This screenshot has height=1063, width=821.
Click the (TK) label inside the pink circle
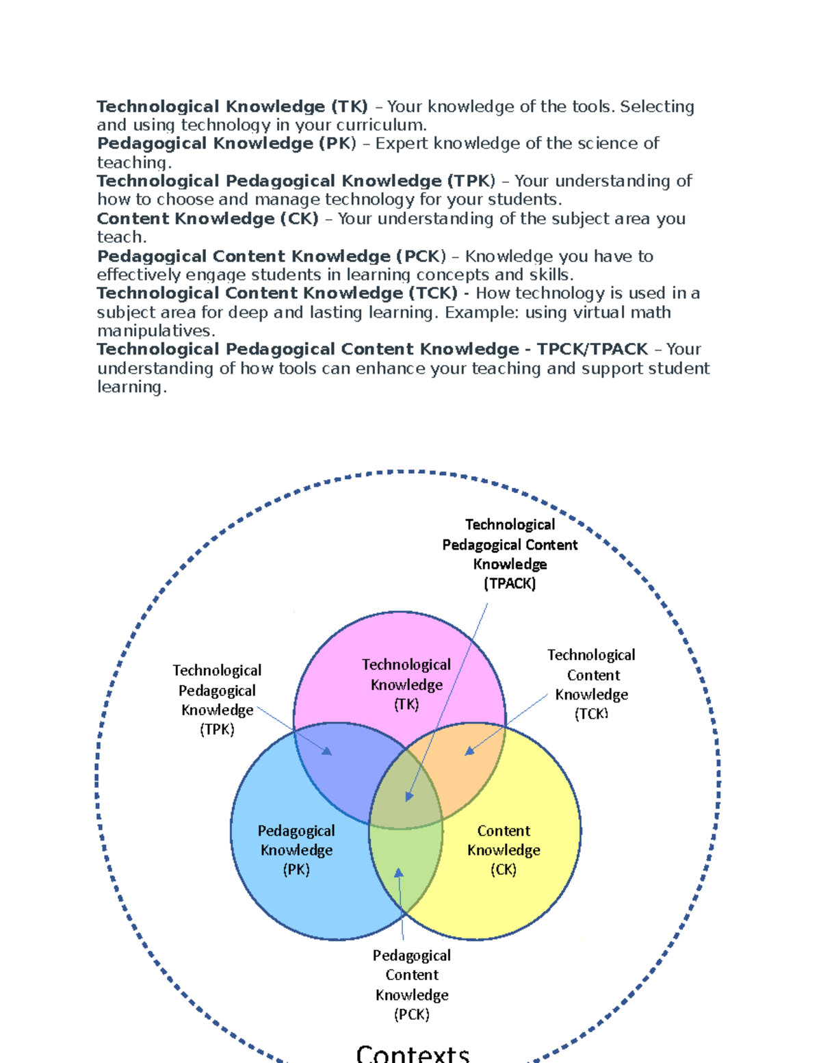[406, 704]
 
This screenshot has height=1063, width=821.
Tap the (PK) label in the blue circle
[296, 870]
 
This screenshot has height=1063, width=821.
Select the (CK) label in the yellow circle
[504, 870]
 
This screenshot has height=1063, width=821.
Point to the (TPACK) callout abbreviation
[510, 584]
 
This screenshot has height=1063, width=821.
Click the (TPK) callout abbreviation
[217, 730]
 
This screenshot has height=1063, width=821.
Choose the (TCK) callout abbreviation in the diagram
[591, 714]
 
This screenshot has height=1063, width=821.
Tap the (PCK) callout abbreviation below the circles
[412, 1014]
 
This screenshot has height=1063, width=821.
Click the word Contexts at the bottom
[413, 1053]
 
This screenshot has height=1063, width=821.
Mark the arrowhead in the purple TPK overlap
[328, 752]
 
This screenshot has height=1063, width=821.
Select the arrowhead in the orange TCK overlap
[469, 751]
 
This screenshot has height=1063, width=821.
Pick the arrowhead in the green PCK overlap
[399, 873]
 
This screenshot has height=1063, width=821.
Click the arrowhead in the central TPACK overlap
[409, 796]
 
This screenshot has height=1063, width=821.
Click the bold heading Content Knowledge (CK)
[208, 219]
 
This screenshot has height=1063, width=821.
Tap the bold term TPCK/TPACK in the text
[592, 349]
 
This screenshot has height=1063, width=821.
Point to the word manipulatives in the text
[156, 331]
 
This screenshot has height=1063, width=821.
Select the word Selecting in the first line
[657, 107]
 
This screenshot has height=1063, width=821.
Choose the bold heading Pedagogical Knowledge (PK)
[226, 144]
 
